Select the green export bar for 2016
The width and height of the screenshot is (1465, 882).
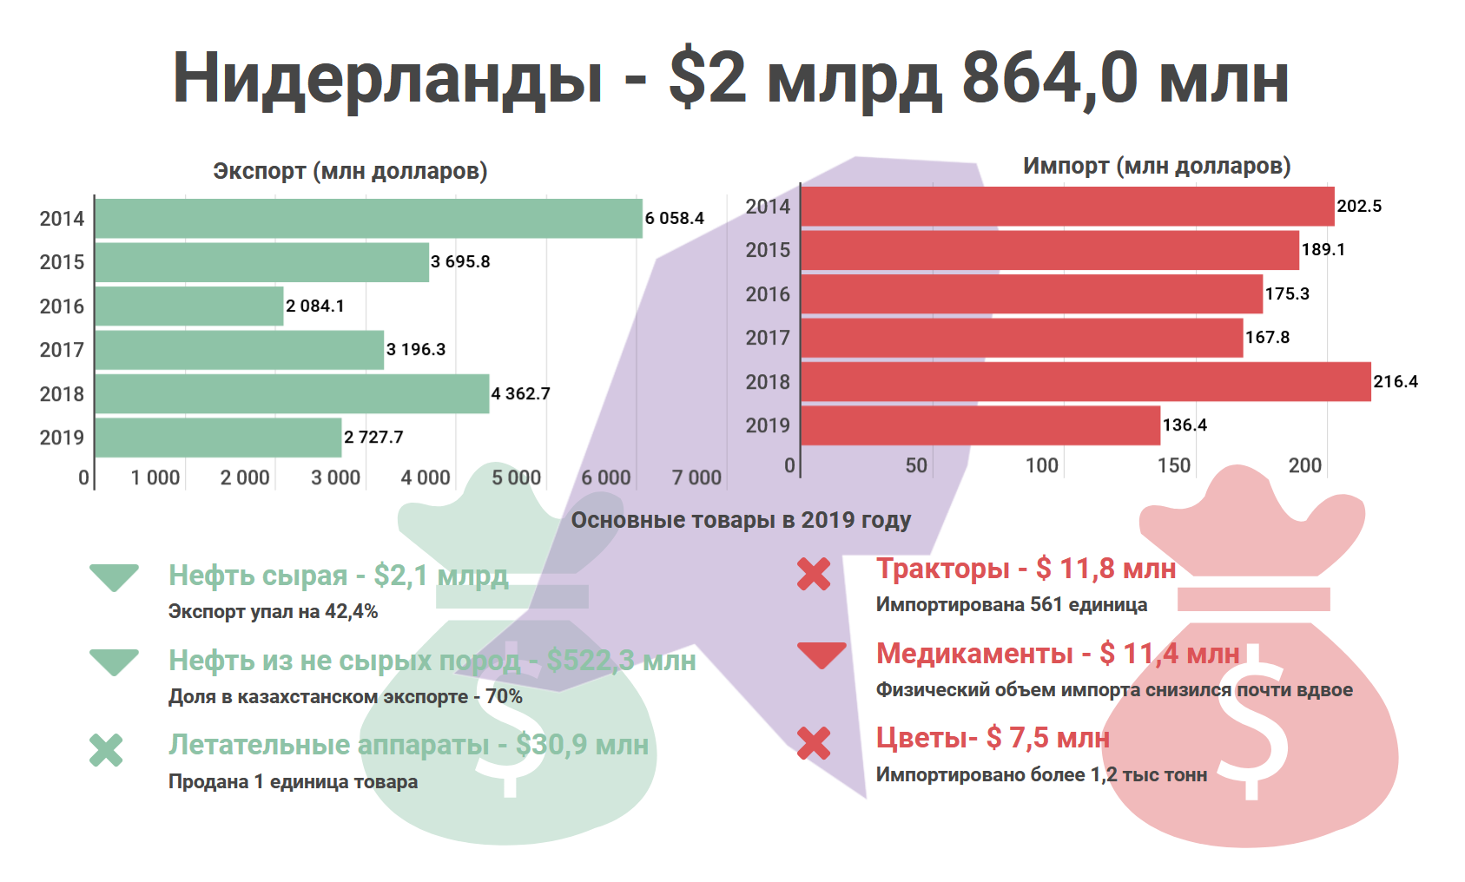coord(189,306)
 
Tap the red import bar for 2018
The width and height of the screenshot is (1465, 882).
coord(1086,382)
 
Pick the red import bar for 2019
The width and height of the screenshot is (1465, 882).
coord(980,425)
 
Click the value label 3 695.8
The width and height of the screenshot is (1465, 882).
coord(460,261)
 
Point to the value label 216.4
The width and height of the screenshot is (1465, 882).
coord(1395,381)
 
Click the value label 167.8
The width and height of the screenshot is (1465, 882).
coord(1267,337)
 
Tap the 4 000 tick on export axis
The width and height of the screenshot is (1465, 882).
coord(426,477)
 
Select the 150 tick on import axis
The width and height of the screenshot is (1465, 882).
coord(1173,465)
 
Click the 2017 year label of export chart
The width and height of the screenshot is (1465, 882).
coord(62,350)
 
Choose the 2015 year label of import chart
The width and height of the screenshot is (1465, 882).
coord(768,250)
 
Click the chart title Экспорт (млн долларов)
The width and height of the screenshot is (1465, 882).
coord(350,171)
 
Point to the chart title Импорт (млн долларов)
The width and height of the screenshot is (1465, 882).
coord(1156,166)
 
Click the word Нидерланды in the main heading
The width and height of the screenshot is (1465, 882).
coord(387,78)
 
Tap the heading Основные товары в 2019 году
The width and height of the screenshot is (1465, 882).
coord(741,520)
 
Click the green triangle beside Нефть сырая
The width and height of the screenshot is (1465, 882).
coord(114,576)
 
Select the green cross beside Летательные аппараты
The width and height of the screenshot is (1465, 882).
coord(106,750)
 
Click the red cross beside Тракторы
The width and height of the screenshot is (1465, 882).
coord(814,574)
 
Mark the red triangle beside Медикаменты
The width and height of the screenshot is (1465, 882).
coord(822,655)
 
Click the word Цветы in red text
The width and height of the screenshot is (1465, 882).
coord(921,738)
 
